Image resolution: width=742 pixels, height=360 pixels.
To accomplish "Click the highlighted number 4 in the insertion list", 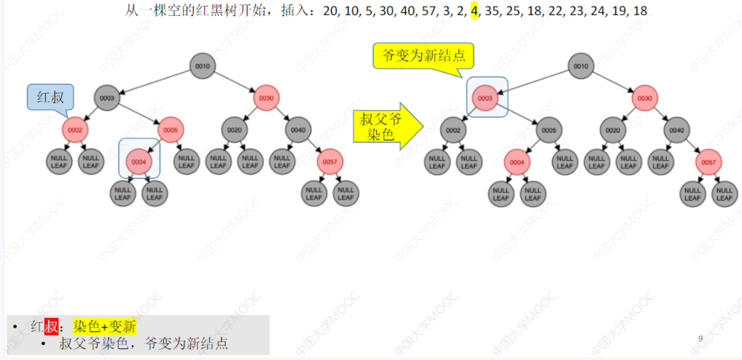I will [474, 11].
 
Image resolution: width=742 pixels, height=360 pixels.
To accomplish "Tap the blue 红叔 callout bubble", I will [50, 97].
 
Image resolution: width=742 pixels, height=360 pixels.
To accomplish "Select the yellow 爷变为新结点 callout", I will [423, 56].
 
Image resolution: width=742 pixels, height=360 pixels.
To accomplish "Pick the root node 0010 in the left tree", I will [203, 66].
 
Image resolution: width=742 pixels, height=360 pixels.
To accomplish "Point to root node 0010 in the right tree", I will [581, 66].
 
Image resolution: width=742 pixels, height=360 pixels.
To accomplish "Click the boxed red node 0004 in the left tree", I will [139, 162].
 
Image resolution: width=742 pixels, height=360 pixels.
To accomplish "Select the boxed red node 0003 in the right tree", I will [485, 98].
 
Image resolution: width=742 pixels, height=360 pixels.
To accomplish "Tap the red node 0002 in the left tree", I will [75, 130].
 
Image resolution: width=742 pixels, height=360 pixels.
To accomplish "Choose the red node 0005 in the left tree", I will [171, 130].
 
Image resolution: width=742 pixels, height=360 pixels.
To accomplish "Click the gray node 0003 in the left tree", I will [107, 98].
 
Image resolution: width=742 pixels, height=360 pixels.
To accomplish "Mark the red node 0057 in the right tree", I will [709, 162].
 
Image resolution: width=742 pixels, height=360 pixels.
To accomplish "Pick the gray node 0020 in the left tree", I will [234, 130].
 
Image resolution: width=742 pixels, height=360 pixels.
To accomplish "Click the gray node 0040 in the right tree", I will [676, 130].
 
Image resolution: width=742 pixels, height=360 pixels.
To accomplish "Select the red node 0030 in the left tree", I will [266, 98].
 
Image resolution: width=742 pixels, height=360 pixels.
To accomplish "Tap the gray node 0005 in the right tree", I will [549, 130].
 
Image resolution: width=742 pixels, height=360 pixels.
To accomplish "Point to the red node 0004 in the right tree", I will [517, 162].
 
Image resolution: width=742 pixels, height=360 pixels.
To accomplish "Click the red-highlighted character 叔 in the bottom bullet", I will [52, 327].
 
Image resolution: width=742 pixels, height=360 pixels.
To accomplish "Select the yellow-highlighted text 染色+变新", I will [105, 327].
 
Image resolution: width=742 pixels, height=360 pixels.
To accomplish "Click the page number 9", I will [701, 338].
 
